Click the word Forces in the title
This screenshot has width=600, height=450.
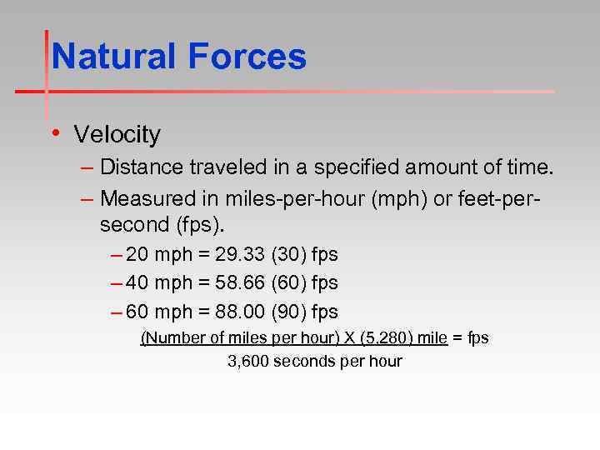(247, 57)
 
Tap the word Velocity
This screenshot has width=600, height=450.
(117, 134)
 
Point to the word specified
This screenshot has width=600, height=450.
(362, 167)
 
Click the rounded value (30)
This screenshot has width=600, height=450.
(288, 255)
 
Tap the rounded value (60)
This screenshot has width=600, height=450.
(288, 283)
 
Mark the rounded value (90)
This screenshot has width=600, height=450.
(288, 312)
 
